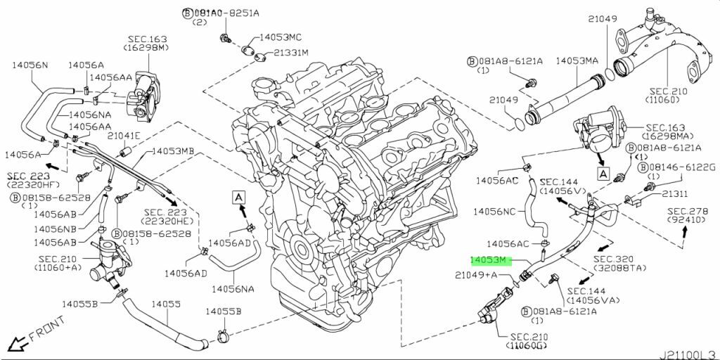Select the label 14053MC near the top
(x=281, y=37)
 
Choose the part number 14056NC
(x=494, y=211)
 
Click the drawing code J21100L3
(x=688, y=353)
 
